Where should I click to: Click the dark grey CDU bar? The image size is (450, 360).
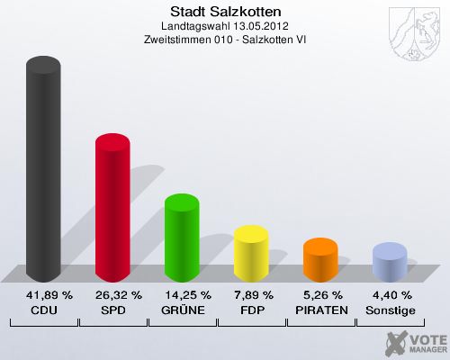click(43, 171)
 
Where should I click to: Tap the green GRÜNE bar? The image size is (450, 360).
click(182, 238)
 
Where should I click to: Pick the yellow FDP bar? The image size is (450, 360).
click(251, 254)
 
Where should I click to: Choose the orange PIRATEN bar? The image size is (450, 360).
click(320, 260)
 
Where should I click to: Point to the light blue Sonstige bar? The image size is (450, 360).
click(390, 262)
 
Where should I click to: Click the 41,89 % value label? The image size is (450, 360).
click(43, 295)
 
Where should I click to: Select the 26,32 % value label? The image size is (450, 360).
click(112, 295)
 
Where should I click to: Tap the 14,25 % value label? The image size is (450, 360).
click(182, 295)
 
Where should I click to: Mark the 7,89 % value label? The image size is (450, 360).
click(251, 295)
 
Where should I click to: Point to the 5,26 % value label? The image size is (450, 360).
click(320, 295)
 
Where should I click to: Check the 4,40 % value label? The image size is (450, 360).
click(390, 295)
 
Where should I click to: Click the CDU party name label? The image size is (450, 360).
click(43, 310)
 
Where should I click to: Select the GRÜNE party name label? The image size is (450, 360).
click(182, 310)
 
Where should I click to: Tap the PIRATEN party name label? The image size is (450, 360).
click(320, 310)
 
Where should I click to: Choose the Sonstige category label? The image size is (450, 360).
click(390, 310)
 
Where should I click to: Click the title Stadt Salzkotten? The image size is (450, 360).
click(225, 12)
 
